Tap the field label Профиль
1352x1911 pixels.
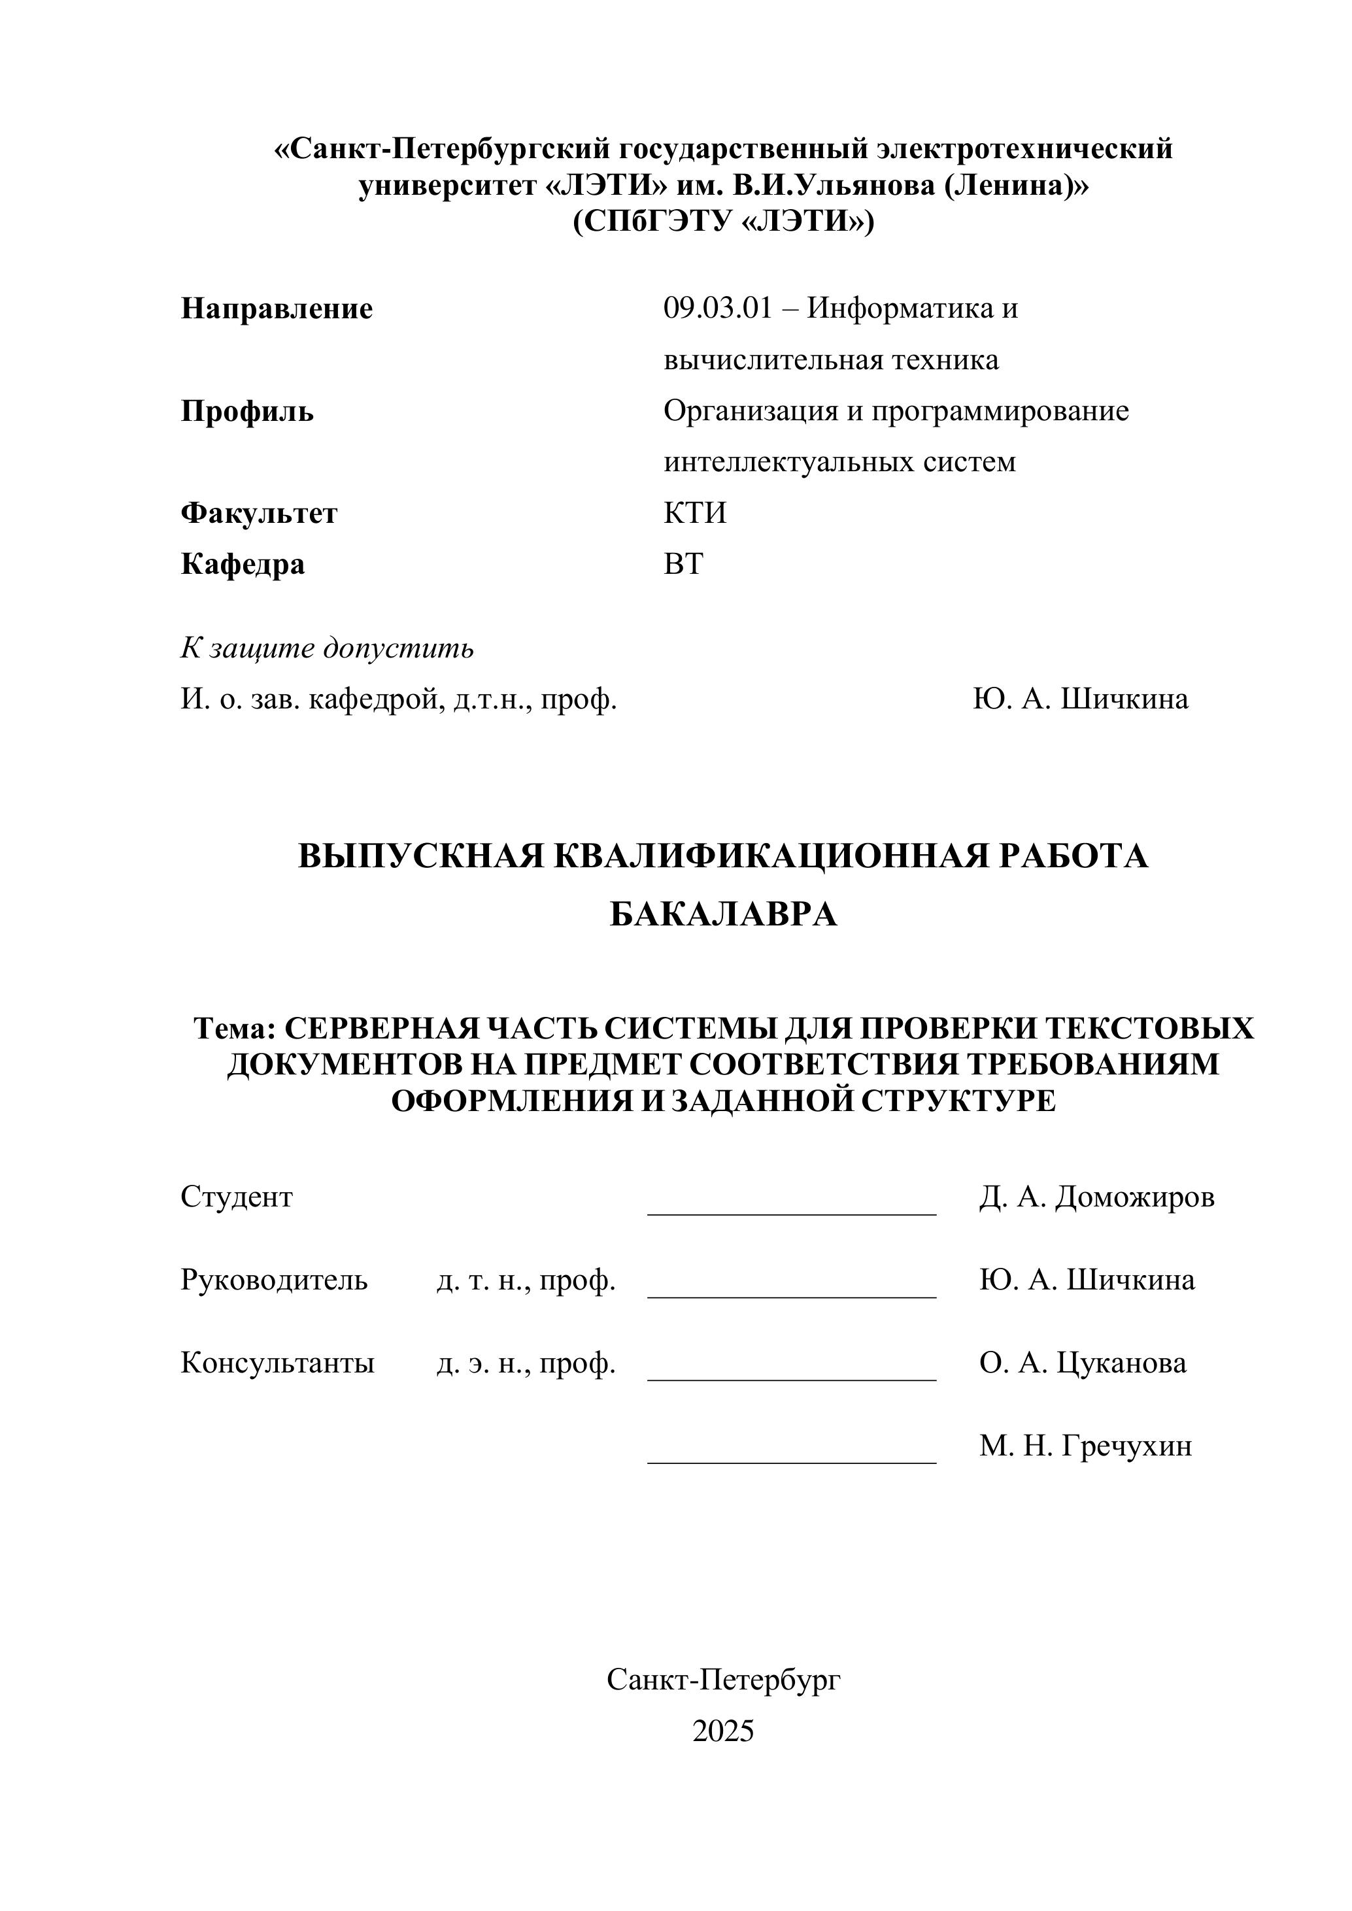click(247, 411)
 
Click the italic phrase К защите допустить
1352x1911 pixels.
click(327, 648)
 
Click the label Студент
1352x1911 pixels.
click(237, 1197)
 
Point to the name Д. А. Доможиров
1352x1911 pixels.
click(1096, 1197)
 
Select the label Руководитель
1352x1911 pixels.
click(274, 1279)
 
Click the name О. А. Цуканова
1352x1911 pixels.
click(1082, 1363)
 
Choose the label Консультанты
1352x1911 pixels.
click(277, 1363)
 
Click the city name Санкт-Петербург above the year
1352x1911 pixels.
click(722, 1680)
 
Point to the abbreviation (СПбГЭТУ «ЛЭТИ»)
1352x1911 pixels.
click(722, 222)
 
